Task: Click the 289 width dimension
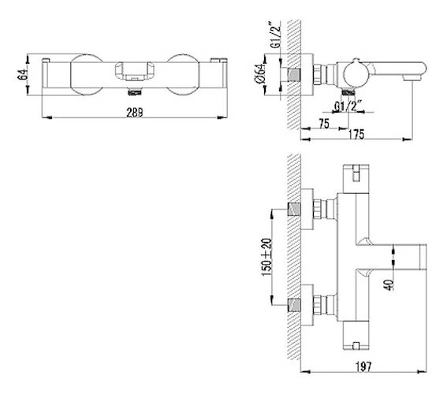(x=135, y=112)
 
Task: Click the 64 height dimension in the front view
(x=23, y=74)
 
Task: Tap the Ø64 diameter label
(x=260, y=75)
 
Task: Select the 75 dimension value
(x=324, y=124)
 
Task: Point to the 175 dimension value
(x=356, y=134)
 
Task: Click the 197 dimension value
(x=363, y=366)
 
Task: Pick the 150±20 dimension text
(x=266, y=257)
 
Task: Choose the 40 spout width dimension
(x=389, y=284)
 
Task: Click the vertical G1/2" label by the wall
(x=275, y=35)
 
